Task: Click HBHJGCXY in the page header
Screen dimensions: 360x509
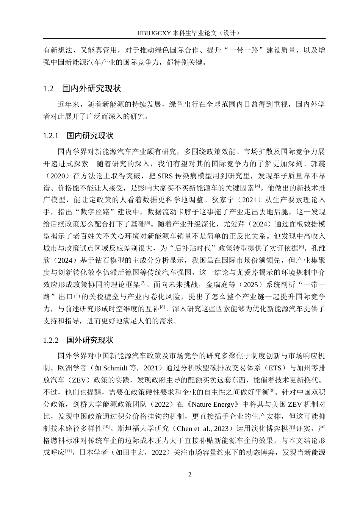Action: [x=154, y=33]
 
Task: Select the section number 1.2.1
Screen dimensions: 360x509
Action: [x=51, y=136]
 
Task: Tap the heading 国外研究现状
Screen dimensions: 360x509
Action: [x=90, y=340]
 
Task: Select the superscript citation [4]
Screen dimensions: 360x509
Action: [x=257, y=186]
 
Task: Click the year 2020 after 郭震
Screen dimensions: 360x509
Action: [x=62, y=176]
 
